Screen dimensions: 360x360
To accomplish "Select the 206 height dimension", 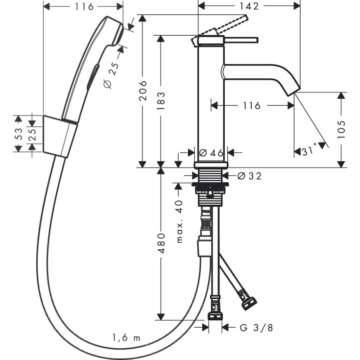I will [x=143, y=91].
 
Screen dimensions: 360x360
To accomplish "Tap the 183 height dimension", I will [x=161, y=100].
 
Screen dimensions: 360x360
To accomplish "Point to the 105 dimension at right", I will [x=341, y=129].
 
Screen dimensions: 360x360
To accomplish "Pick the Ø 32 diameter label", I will [x=249, y=176].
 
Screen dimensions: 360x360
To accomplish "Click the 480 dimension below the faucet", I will [x=161, y=243].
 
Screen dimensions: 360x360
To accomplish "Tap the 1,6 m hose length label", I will [x=126, y=337].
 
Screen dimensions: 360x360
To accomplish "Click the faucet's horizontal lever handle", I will [x=240, y=39].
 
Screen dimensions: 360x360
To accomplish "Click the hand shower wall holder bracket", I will [x=60, y=137].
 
